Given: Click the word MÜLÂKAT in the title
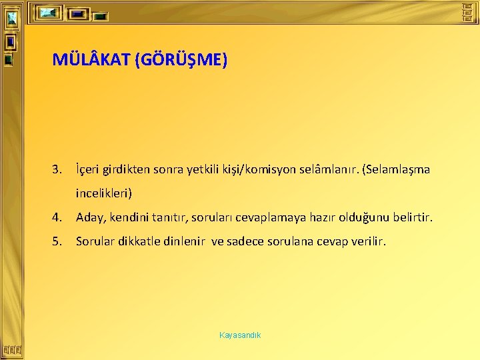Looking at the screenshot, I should click(x=91, y=61).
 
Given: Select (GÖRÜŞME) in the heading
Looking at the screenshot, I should click(x=181, y=61).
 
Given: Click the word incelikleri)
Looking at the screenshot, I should click(x=104, y=193).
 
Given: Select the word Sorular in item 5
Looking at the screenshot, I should click(x=95, y=241).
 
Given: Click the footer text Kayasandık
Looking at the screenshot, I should click(x=240, y=335).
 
